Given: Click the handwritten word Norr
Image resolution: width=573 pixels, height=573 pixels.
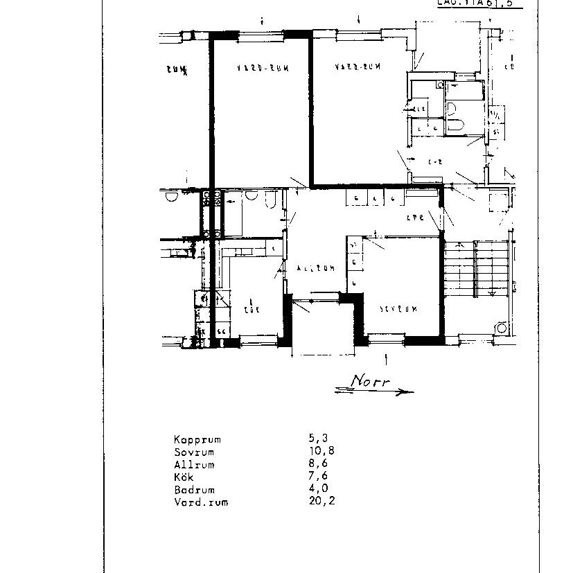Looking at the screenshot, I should (370, 381).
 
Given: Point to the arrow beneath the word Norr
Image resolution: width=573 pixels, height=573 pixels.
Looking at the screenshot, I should (374, 392).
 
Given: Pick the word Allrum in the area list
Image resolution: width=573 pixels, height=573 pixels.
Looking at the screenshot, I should (194, 464).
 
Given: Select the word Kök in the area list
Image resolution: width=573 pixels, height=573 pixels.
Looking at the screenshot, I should (184, 477).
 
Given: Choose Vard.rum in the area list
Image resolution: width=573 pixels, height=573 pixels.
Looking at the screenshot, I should (200, 502).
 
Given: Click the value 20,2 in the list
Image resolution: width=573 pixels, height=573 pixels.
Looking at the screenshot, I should (321, 502).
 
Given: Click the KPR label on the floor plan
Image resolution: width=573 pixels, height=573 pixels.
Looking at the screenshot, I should (414, 216).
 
